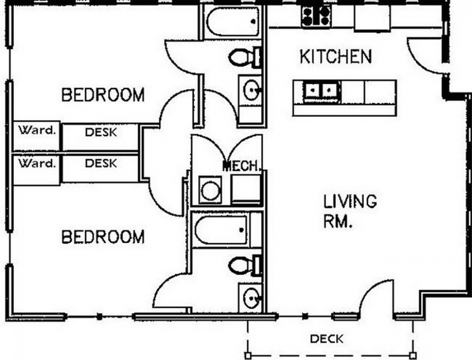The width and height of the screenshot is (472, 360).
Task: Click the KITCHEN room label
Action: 336,57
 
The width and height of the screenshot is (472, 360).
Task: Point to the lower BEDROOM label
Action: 103,237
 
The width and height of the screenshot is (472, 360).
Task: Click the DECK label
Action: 326,339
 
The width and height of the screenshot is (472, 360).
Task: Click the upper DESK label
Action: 101,132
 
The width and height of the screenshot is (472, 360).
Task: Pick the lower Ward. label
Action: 37,163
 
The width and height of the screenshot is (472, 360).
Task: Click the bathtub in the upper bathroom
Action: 233,22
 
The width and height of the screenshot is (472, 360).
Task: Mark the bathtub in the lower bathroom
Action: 221,230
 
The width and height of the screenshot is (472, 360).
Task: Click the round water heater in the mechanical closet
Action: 210,190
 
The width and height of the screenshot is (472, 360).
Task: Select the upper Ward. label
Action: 37,130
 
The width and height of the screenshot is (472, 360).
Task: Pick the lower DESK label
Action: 101,163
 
